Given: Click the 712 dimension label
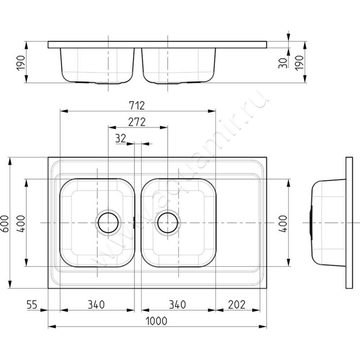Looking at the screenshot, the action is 137,106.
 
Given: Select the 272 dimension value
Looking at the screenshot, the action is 137,122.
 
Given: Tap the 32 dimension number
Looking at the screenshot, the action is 121,139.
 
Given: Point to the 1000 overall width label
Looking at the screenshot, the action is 157,321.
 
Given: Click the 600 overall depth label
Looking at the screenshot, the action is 5,224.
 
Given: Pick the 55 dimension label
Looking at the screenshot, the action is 31,305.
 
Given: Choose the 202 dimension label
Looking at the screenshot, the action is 237,305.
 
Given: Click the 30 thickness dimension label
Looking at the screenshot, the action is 283,63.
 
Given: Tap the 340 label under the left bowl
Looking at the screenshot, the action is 96,305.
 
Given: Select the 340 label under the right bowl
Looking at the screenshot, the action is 177,305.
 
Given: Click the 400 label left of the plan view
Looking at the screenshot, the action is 21,224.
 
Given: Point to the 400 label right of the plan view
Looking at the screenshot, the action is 283,224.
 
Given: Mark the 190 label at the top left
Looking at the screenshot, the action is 21,63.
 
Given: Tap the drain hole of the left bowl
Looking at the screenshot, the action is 108,223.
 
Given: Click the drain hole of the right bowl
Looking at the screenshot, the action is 167,223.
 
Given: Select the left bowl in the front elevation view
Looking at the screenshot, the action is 97,65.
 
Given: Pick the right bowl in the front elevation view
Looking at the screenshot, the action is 179,65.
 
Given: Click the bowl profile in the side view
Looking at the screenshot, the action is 328,223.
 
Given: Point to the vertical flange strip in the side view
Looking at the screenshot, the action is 349,223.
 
